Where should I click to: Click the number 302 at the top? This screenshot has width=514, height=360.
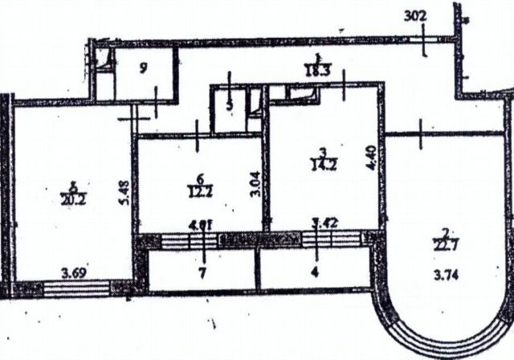pyautogui.click(x=416, y=15)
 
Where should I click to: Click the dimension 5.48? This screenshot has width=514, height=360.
pyautogui.click(x=122, y=192)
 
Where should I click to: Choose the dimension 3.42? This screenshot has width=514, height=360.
pyautogui.click(x=325, y=226)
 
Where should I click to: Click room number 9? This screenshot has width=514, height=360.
pyautogui.click(x=143, y=68)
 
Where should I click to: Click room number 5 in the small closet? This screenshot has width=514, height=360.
pyautogui.click(x=230, y=105)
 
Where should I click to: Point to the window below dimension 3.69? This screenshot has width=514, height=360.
pyautogui.click(x=76, y=286)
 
